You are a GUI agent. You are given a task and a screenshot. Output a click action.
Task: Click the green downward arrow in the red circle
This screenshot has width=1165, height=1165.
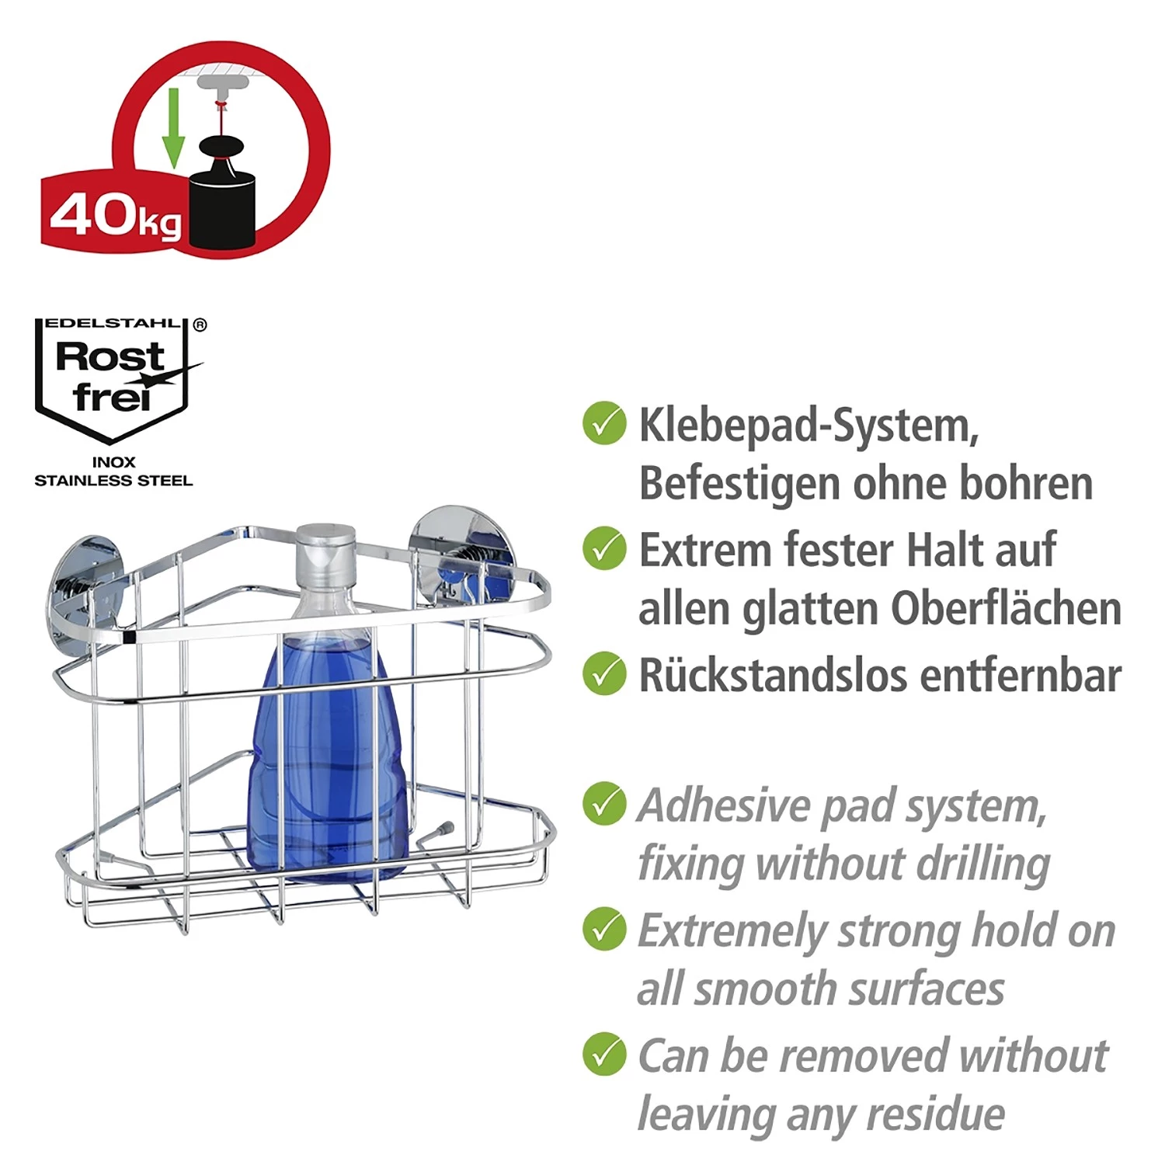[x=173, y=127]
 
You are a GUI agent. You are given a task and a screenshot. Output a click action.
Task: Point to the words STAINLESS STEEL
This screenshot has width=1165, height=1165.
[x=113, y=481]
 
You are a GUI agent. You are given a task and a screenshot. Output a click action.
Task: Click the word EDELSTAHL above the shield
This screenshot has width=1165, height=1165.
[x=113, y=323]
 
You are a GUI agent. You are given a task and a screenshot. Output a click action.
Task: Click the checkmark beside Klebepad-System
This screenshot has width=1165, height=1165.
[x=604, y=423]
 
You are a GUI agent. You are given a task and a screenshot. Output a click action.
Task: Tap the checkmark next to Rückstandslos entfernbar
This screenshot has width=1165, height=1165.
[x=604, y=673]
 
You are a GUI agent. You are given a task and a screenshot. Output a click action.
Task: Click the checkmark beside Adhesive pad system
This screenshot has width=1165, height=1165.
[x=604, y=803]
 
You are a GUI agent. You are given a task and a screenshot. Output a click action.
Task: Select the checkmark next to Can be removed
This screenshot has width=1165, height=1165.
[x=604, y=1054]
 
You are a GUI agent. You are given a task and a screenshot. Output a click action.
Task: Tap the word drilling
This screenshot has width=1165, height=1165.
[x=982, y=864]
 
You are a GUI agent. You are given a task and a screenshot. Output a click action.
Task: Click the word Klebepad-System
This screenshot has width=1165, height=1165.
[x=809, y=426]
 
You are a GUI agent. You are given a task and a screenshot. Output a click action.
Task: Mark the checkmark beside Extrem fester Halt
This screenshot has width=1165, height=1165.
[x=604, y=548]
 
